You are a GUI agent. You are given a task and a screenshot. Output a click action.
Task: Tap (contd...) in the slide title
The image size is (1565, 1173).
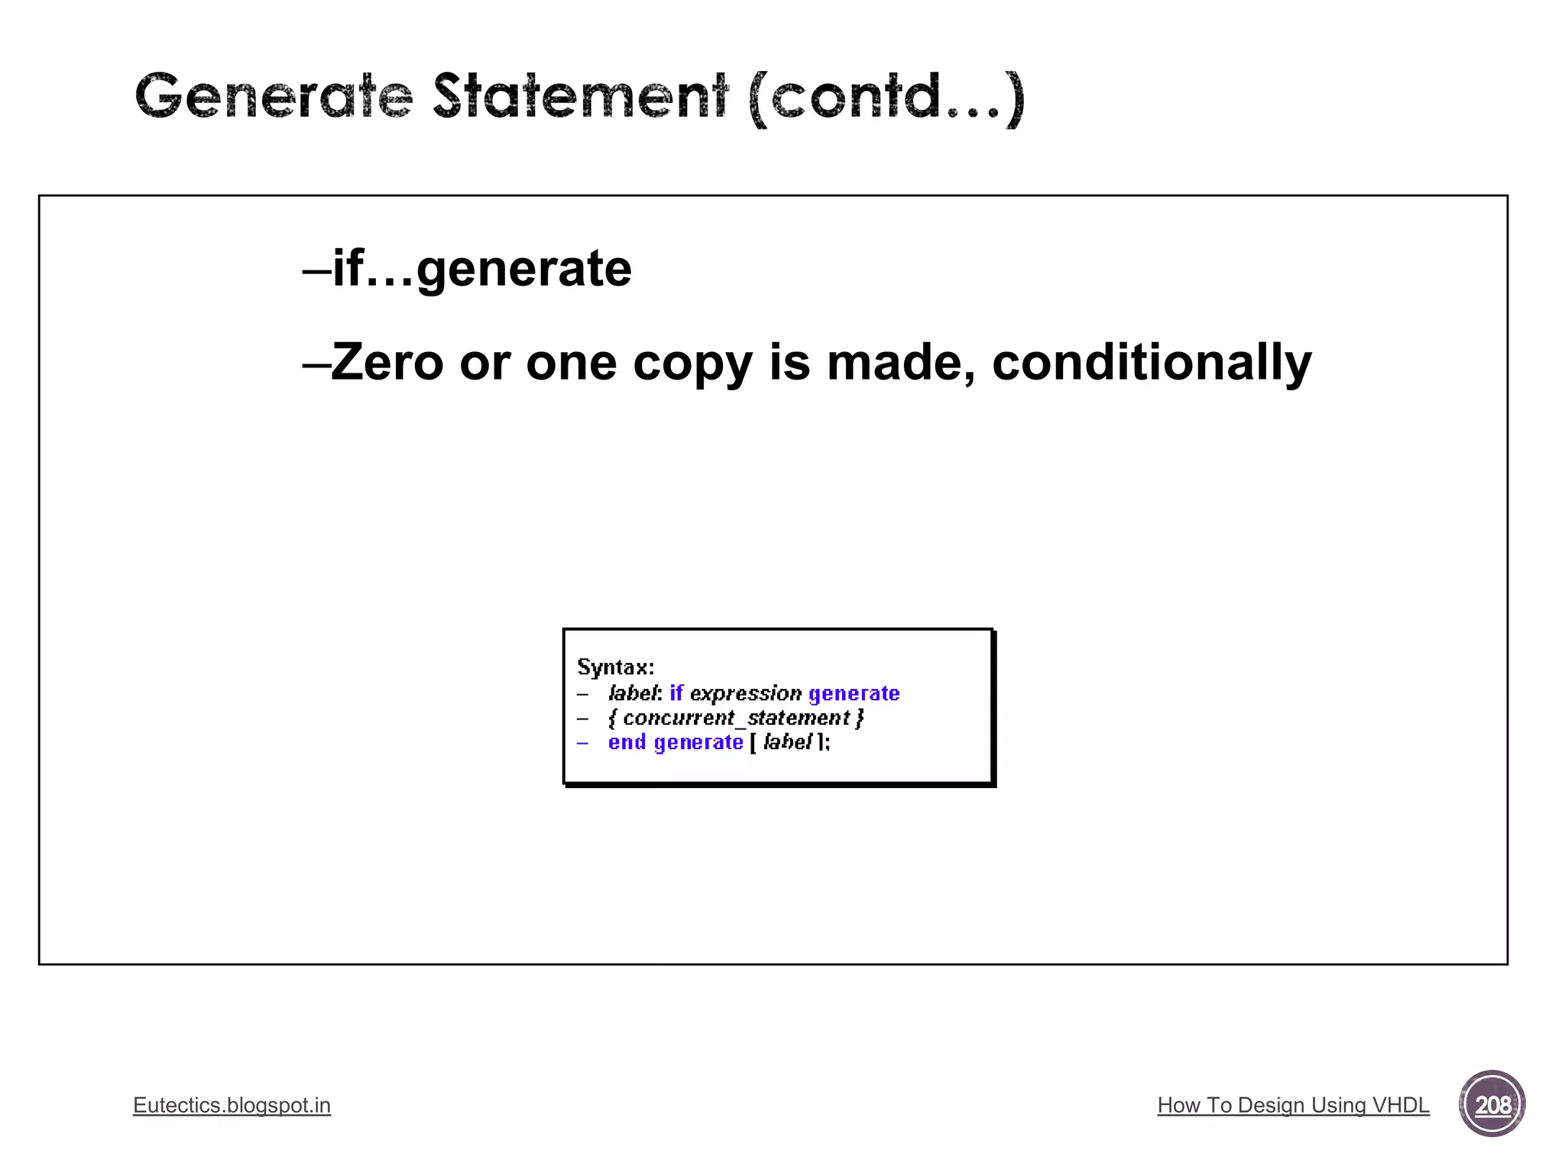[886, 98]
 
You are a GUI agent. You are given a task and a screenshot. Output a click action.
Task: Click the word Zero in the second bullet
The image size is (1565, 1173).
[387, 362]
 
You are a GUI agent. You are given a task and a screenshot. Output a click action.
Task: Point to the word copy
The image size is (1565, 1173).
[692, 364]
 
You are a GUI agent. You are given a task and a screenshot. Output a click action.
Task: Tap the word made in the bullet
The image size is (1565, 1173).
[900, 362]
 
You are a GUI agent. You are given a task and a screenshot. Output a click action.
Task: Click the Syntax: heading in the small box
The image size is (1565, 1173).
[615, 667]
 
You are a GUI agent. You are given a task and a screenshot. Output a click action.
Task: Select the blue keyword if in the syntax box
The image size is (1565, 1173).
[676, 693]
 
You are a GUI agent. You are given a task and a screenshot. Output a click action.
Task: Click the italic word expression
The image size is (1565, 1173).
[746, 693]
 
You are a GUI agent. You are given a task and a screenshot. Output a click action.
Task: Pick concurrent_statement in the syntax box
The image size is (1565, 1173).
[736, 718]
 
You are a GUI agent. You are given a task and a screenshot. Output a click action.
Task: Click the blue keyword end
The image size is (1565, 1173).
[627, 742]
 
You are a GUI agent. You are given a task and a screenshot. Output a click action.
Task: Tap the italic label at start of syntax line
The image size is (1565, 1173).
[633, 693]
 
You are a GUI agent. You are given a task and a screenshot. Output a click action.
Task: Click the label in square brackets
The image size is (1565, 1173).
[787, 742]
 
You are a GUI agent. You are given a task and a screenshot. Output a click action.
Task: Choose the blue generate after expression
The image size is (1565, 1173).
[854, 693]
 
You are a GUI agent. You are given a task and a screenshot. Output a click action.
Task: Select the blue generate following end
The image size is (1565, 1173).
[698, 742]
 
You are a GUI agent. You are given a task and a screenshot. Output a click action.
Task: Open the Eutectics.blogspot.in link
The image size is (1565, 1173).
[232, 1105]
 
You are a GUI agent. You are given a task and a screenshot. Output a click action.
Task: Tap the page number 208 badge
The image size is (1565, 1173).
[1492, 1104]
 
